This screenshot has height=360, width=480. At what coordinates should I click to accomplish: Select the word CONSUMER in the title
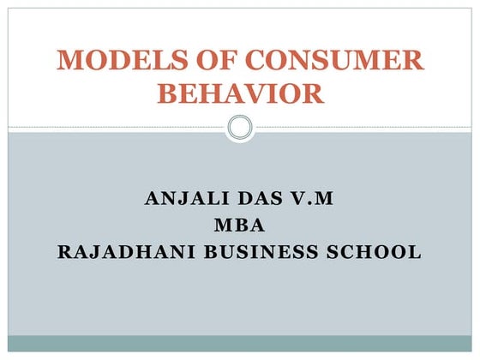coord(330,61)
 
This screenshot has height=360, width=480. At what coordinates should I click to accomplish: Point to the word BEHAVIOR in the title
coord(240,93)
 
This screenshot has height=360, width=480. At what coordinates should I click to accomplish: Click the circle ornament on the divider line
coord(240,129)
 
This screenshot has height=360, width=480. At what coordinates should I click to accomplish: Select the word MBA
coord(239,226)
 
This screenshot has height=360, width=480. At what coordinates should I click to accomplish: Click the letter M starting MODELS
coord(69,61)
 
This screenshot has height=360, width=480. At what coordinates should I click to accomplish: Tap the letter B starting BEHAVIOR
coord(166,93)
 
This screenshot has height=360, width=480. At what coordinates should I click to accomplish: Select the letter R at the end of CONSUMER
coord(412,61)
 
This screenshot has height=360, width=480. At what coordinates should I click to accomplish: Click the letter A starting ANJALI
coord(152,200)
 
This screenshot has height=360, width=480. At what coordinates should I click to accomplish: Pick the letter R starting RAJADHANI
coord(63,253)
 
